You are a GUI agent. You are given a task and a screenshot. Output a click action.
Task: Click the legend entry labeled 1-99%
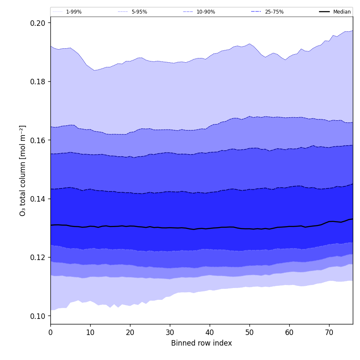point(74,12)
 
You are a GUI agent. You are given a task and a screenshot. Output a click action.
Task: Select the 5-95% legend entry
point(139,12)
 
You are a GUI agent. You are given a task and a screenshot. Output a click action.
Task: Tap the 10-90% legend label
point(205,12)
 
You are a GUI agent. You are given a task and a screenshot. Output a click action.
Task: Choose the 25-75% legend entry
point(274,12)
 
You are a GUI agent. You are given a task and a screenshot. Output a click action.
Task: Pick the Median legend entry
point(342,12)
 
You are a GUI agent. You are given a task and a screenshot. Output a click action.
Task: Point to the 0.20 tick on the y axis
point(38,23)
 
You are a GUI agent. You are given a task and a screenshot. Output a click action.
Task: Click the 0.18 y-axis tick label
point(38,81)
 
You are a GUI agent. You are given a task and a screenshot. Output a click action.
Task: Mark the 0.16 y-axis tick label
point(38,140)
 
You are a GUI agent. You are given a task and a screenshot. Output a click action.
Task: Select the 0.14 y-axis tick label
point(38,199)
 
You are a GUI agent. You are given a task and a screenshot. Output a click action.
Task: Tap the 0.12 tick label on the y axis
point(38,258)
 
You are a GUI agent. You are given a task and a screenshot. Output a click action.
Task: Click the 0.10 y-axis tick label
point(38,316)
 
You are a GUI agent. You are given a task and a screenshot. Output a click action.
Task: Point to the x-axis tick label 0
point(50,333)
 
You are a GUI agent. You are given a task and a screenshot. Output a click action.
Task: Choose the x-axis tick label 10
point(90,333)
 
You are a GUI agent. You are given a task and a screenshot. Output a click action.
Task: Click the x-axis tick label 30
point(170,333)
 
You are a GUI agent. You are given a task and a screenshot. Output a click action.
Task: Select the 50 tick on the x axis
point(249,333)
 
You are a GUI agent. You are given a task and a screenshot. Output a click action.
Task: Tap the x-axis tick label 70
point(329,333)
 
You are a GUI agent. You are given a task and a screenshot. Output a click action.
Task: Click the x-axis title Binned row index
point(202,343)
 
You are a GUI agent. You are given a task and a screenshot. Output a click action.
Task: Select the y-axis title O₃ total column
point(23,170)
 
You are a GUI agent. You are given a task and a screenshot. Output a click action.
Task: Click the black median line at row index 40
point(210,228)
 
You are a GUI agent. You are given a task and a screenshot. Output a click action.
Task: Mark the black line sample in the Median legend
point(324,12)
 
